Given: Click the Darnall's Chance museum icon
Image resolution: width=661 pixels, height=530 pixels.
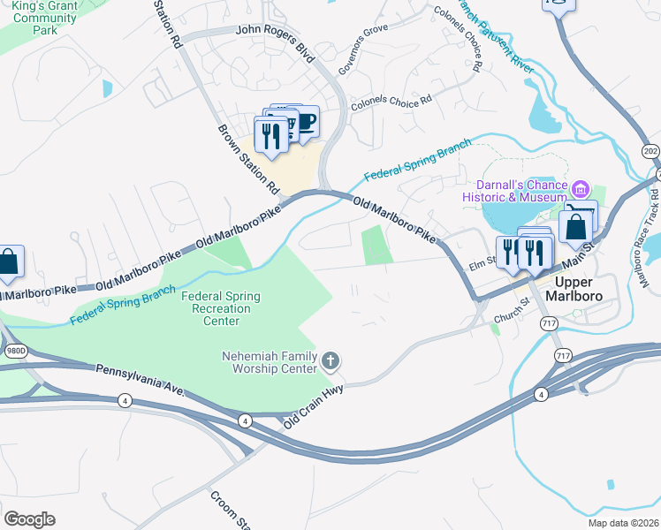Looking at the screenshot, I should (x=581, y=188).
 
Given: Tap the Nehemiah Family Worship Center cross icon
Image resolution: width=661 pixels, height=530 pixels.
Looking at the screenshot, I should (x=330, y=360).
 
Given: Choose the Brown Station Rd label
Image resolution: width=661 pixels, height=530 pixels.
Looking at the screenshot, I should (x=248, y=160).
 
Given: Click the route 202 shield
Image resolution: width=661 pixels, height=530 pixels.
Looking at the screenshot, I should (x=650, y=150).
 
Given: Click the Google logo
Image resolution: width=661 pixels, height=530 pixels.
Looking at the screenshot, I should (x=29, y=519).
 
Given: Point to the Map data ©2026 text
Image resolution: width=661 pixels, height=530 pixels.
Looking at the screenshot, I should (x=623, y=523).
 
